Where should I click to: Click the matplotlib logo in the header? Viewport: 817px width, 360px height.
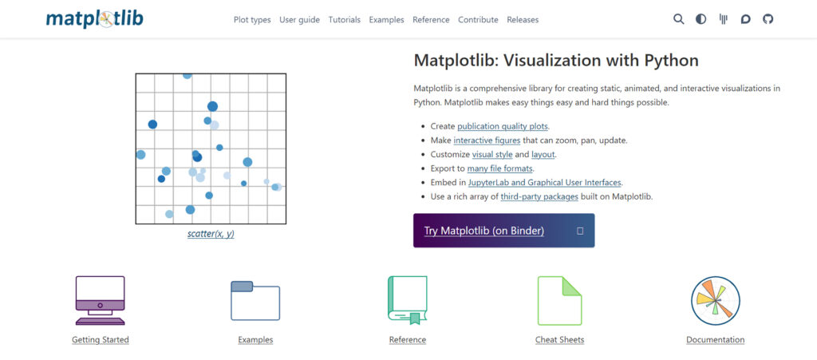point(94,18)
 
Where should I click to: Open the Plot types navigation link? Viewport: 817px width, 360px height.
point(252,20)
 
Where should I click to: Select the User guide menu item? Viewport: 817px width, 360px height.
point(299,20)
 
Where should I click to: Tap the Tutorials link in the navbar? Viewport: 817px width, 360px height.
point(344,20)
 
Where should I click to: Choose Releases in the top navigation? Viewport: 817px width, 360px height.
point(523,20)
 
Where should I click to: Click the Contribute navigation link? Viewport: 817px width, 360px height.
point(479,20)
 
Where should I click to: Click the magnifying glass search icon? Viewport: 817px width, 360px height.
point(679,19)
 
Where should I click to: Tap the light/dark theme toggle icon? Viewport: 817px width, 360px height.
point(701,19)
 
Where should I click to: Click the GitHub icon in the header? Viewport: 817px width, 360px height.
point(768,19)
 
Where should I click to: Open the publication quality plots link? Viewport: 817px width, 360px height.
point(503,126)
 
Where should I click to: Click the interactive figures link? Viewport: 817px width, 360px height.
point(487,140)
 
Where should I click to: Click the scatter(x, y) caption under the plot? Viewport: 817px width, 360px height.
point(211,234)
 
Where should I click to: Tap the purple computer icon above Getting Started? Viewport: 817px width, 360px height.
point(100,300)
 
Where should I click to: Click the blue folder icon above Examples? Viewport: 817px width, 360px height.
point(255,301)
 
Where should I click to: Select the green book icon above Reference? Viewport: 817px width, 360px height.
point(407,300)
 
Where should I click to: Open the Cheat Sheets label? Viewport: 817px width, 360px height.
point(559,340)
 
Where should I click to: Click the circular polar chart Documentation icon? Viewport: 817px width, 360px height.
point(715,301)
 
